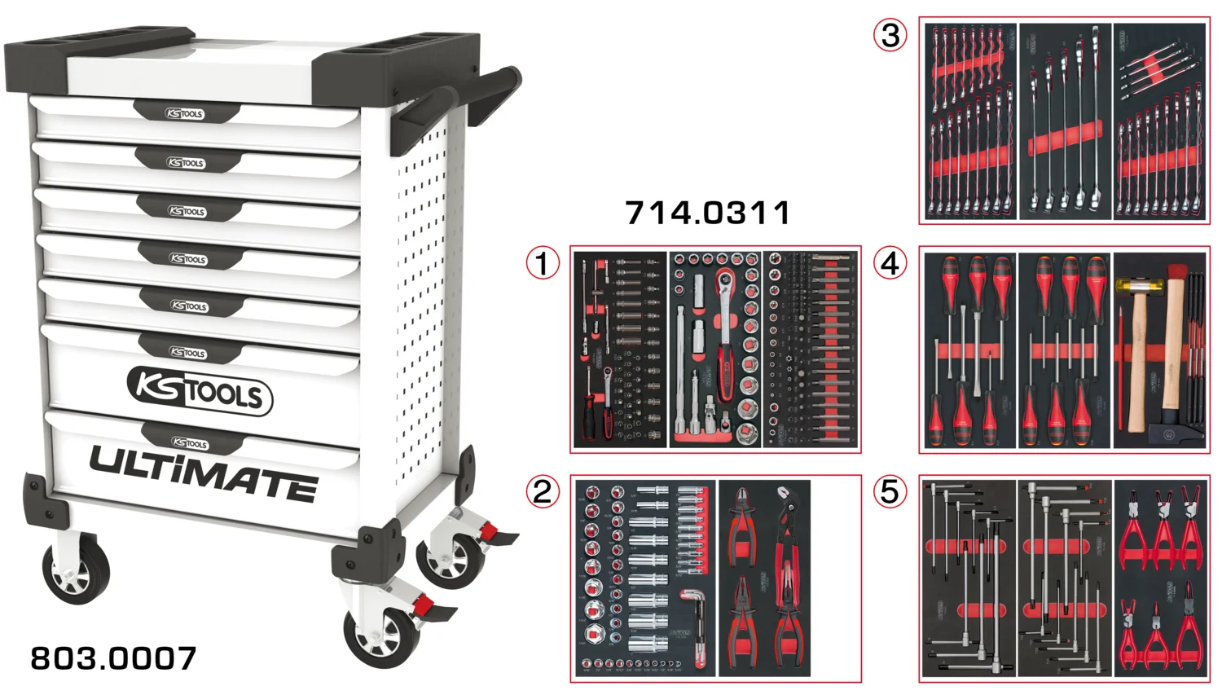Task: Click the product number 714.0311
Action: tap(707, 213)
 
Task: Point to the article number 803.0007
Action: tap(113, 658)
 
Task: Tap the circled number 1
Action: tap(543, 263)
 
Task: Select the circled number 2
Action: tap(543, 491)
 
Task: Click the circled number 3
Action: tap(890, 35)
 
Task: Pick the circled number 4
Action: tap(890, 263)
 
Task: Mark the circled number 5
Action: tap(890, 491)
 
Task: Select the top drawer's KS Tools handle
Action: tap(185, 113)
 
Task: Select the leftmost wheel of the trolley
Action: tap(75, 570)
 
